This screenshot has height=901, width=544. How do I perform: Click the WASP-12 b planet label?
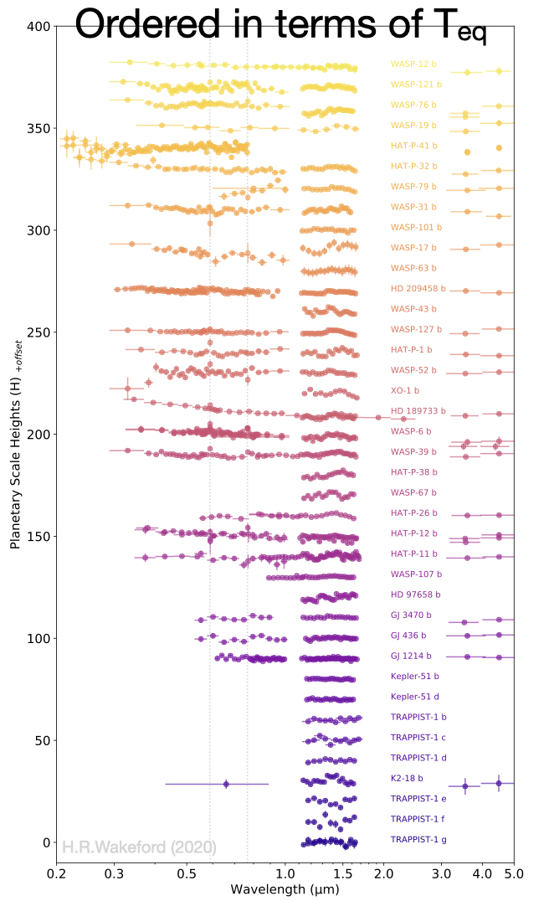(x=412, y=64)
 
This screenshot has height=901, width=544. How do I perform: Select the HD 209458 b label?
(x=418, y=289)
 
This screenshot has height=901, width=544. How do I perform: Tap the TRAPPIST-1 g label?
(x=418, y=839)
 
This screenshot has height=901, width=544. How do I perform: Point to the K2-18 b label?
(x=408, y=778)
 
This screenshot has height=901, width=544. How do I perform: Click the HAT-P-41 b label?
(x=413, y=146)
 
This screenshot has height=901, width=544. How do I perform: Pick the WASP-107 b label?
(x=416, y=574)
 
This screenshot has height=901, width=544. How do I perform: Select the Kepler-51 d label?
(x=414, y=697)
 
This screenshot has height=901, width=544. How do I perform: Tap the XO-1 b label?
(x=404, y=391)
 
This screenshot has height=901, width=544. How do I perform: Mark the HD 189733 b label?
(x=418, y=411)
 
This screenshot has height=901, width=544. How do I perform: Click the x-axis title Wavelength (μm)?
(x=285, y=889)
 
